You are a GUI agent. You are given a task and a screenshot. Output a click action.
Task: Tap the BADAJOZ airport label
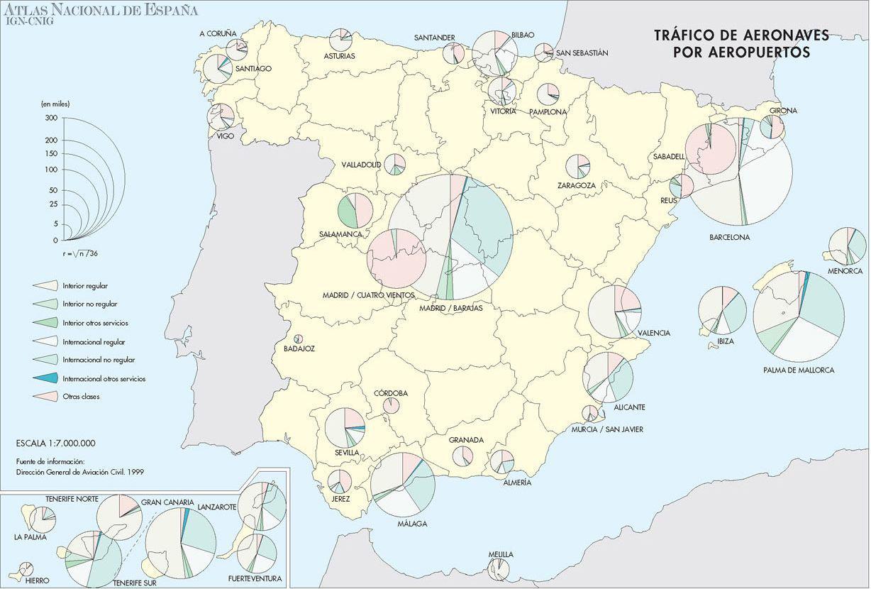point(299,349)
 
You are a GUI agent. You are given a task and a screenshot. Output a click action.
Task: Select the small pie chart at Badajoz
point(299,339)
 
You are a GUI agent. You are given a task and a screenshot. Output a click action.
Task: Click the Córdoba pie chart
point(391,405)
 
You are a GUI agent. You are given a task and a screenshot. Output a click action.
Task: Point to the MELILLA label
point(500,555)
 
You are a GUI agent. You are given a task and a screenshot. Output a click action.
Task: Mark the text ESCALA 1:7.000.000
point(55,444)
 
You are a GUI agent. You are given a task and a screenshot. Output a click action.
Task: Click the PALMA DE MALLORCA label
point(799,370)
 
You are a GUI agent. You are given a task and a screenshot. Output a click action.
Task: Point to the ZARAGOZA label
point(576,186)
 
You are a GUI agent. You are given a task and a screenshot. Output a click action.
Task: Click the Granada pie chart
point(463,456)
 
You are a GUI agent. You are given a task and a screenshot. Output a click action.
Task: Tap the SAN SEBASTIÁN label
point(582,53)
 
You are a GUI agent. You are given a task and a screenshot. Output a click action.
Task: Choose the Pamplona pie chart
point(548,94)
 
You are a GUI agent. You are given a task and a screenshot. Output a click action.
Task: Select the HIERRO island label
point(37,580)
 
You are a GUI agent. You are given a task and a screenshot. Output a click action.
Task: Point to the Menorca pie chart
point(847,246)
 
